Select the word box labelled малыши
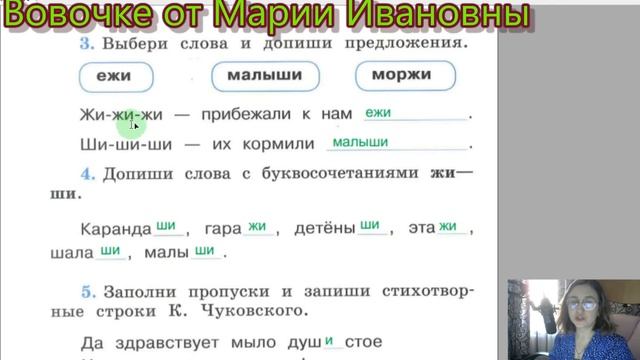tap(265, 75)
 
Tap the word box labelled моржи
tap(404, 75)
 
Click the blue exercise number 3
tap(87, 45)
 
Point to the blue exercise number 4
tap(88, 173)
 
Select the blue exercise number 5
tap(88, 291)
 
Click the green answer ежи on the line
tap(378, 114)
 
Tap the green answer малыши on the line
tap(360, 143)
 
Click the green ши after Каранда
tap(166, 226)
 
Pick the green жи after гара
tap(257, 226)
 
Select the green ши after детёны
tap(370, 226)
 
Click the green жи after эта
tap(447, 226)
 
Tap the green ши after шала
tap(110, 251)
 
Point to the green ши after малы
tap(205, 251)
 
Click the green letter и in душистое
tap(329, 340)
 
